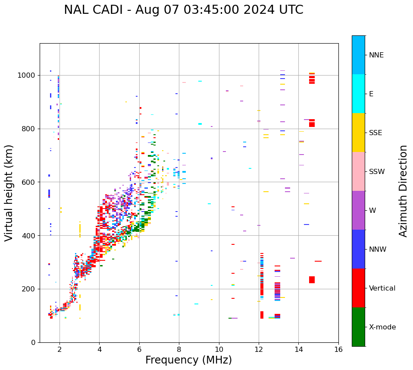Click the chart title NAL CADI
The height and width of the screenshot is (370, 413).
point(183,10)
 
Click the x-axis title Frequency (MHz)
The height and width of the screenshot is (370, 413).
point(188,360)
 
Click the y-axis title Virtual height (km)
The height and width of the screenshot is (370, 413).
point(9,193)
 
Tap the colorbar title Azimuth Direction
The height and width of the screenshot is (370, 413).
point(403,190)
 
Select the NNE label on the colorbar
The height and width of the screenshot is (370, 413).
point(376,55)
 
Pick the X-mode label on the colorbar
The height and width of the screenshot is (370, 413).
point(382,327)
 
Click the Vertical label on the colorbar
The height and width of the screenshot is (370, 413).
point(382,288)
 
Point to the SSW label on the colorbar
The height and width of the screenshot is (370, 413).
point(377,172)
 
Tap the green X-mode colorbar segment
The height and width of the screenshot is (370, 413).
point(358,327)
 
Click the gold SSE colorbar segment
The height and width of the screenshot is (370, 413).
point(358,133)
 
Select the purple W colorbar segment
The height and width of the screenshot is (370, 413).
point(358,210)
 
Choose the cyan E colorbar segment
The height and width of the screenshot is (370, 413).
point(358,94)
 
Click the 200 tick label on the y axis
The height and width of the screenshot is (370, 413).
point(30,289)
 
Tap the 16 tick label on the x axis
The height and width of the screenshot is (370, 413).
point(338,349)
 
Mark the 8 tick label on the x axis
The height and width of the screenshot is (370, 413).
point(179,349)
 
